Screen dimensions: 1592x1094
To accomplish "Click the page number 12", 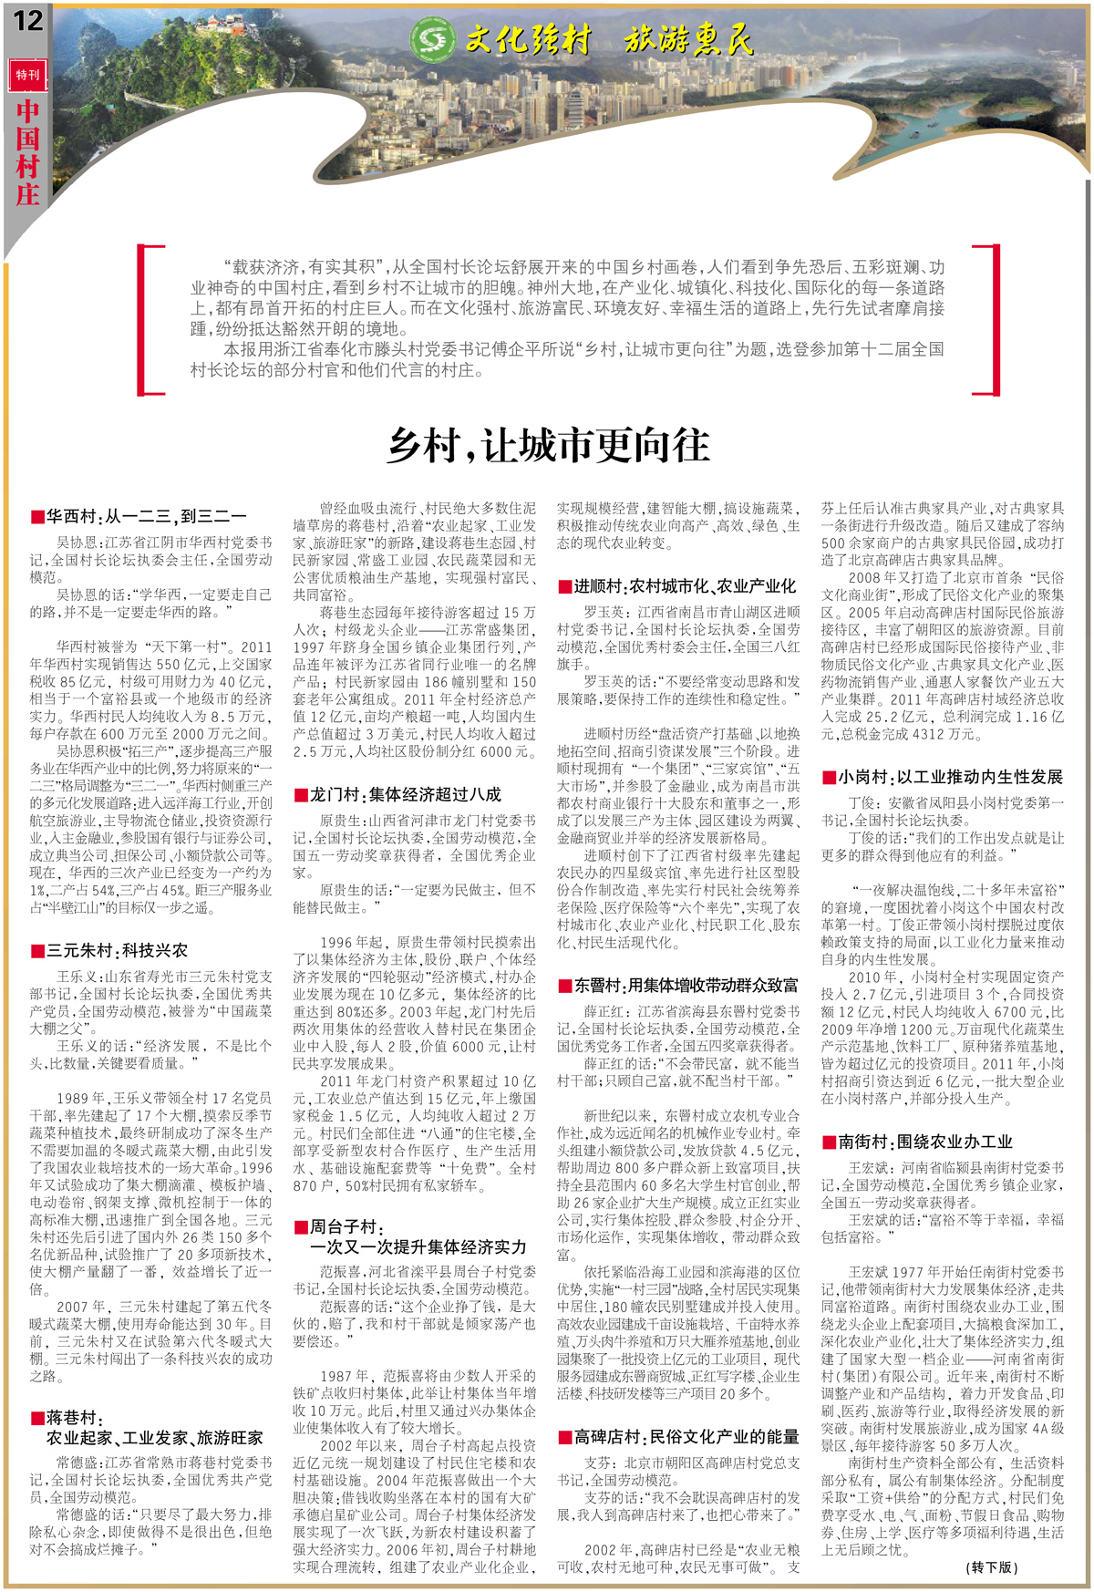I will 27,19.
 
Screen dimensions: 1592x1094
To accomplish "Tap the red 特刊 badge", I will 27,75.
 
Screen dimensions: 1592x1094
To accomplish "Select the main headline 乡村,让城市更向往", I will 547,446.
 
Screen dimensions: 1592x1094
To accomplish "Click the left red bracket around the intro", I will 150,319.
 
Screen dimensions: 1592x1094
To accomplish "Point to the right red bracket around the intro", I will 986,319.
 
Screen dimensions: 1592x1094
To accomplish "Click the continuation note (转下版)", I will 992,1566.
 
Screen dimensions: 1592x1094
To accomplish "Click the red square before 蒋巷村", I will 37,1418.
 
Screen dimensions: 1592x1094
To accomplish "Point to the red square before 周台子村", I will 301,1227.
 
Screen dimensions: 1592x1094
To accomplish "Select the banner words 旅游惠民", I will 689,40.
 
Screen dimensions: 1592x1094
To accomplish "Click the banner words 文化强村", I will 529,40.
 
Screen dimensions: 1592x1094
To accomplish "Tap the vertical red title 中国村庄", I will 27,151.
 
